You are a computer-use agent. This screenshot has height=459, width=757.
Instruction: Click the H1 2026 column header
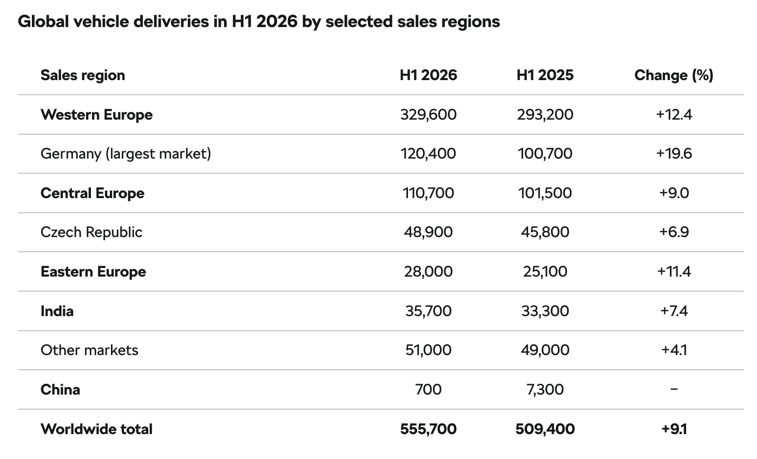(x=428, y=75)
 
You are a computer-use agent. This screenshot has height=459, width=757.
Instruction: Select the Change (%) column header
(x=674, y=75)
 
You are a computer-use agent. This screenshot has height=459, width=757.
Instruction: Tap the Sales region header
(x=83, y=76)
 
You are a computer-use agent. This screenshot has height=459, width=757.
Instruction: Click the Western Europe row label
(x=97, y=115)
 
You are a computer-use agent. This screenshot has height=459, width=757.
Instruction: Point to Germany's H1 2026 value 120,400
(x=428, y=154)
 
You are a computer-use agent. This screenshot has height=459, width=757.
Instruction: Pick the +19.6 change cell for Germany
(x=674, y=154)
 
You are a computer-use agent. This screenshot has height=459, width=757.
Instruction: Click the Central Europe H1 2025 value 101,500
(x=545, y=193)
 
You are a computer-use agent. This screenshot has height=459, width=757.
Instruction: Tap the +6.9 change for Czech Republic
(x=674, y=232)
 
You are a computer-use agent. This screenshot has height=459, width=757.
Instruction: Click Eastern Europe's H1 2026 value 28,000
(x=428, y=272)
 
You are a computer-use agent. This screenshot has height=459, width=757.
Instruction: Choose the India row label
(x=57, y=311)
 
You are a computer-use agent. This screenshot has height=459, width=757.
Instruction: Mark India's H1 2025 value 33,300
(x=545, y=311)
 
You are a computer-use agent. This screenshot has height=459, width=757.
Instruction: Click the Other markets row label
(x=89, y=350)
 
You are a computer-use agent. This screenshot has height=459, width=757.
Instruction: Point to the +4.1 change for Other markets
(x=674, y=350)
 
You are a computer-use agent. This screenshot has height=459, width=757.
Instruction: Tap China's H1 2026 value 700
(x=428, y=390)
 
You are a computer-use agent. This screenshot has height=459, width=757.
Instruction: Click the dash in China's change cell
(x=674, y=389)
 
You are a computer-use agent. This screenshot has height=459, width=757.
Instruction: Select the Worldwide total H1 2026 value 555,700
(x=428, y=429)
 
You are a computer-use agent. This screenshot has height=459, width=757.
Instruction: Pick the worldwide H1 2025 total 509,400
(x=545, y=429)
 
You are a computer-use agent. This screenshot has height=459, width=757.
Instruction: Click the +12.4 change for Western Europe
(x=674, y=115)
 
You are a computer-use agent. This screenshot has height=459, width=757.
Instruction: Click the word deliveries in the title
(x=171, y=22)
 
